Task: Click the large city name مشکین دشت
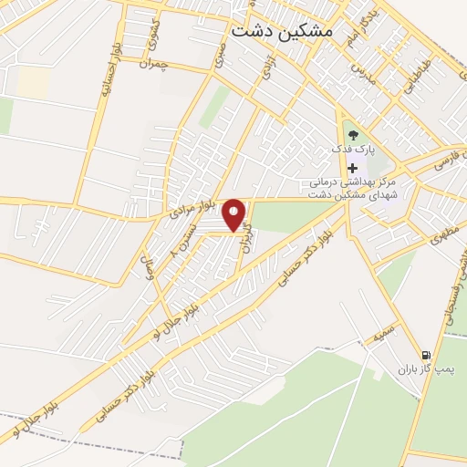(x=283, y=31)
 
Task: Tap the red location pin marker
(x=234, y=214)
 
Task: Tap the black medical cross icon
(x=352, y=169)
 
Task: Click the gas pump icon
(x=426, y=355)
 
